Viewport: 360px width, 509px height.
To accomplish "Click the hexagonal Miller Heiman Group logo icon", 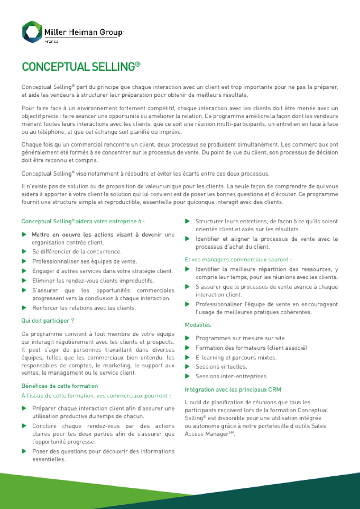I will [x=32, y=32].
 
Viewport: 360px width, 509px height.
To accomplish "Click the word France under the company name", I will [x=51, y=41].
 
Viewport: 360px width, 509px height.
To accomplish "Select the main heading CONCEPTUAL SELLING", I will [x=81, y=67].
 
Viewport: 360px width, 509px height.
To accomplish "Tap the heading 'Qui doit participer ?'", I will [x=48, y=321].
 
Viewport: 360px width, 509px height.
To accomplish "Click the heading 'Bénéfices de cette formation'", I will [x=59, y=386].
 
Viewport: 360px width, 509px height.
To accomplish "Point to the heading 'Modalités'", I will [x=198, y=325].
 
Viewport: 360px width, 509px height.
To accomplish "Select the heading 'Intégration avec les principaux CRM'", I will [x=233, y=389].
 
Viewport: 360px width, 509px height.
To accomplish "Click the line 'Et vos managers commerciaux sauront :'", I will [x=238, y=259].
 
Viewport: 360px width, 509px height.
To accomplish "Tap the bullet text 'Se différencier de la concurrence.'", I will [x=77, y=251].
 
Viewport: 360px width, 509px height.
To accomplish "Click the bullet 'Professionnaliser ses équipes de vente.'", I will [x=84, y=261].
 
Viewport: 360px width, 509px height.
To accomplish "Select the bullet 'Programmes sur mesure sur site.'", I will [x=241, y=338].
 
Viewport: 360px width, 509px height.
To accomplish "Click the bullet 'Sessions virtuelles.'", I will [x=221, y=367].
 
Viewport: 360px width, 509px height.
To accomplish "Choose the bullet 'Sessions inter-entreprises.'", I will [x=232, y=376].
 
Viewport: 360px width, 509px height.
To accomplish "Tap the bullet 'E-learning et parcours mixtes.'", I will [x=236, y=357].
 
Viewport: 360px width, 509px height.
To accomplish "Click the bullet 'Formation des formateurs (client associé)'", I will [x=251, y=348].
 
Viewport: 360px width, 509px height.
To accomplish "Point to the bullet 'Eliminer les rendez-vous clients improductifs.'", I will [x=93, y=280].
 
